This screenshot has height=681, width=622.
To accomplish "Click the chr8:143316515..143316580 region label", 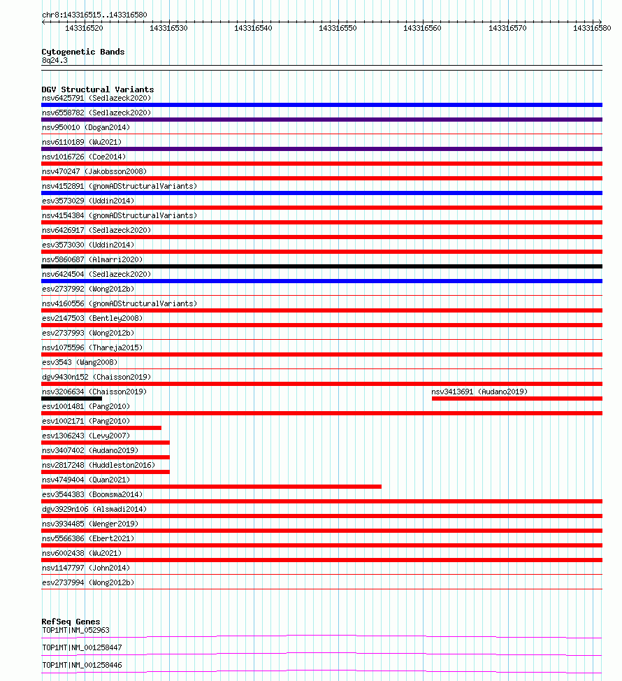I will point(94,15).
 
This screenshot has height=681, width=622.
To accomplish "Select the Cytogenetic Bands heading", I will point(83,52).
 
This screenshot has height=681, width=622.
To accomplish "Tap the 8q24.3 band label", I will point(55,61).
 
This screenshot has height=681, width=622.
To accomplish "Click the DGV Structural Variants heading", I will point(97,89).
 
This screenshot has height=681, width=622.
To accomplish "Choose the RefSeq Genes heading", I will point(71,622).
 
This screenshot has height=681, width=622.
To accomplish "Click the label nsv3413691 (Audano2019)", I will point(479,392).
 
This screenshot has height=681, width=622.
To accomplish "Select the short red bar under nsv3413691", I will point(516,399).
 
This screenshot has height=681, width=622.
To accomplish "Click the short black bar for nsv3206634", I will point(71,399).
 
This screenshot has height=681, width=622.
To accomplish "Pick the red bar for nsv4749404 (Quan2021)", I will point(211,487).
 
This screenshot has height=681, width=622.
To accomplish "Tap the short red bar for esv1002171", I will point(101,428).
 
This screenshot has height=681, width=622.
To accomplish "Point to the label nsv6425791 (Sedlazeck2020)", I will point(96,98).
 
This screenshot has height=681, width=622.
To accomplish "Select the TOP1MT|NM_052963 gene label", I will point(75,630).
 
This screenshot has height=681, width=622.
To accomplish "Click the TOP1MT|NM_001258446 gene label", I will point(82,665).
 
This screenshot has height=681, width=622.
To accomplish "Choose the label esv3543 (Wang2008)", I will point(80,362).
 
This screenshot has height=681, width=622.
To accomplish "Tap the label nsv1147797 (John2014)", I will point(85,568).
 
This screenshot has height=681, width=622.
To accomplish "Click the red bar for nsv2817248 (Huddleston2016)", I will point(106,472).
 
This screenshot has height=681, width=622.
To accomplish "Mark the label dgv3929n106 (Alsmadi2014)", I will point(94,509).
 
